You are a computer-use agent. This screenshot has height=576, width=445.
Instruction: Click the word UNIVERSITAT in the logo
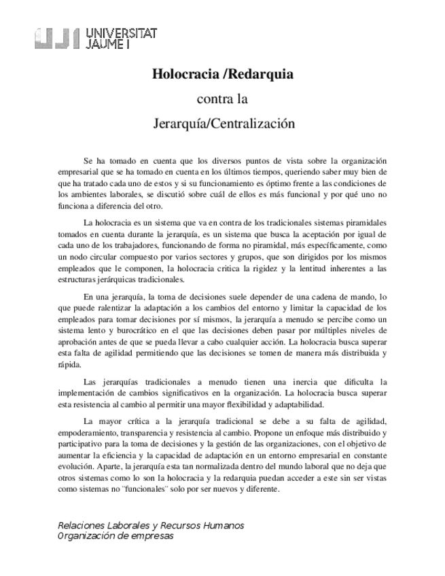(x=123, y=32)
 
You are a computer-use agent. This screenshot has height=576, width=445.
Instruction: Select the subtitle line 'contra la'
(x=222, y=99)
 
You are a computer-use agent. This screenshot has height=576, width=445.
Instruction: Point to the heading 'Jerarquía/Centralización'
(x=222, y=124)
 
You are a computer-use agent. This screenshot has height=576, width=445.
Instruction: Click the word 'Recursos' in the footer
(x=184, y=526)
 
